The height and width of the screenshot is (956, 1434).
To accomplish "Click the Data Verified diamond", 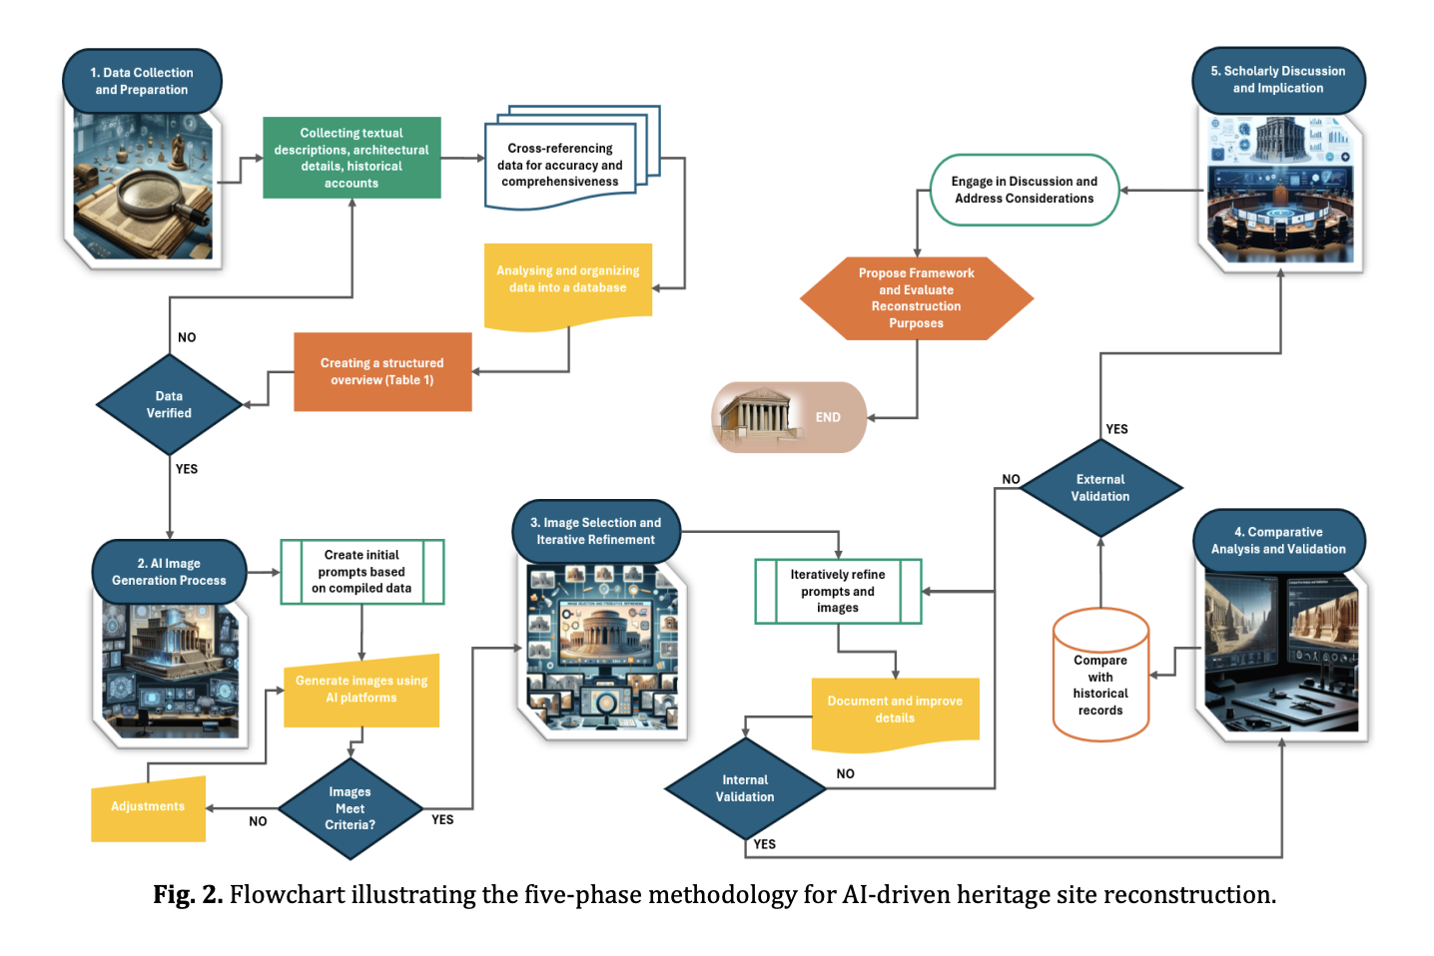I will click(169, 404).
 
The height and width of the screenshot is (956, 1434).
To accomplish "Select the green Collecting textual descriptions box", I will click(352, 158).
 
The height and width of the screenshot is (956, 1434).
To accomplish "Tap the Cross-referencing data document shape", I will click(560, 165).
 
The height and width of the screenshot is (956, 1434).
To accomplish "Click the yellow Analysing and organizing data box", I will click(567, 280).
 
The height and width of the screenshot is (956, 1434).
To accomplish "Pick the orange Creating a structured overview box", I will click(382, 371).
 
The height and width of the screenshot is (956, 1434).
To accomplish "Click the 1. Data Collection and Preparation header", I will click(142, 81).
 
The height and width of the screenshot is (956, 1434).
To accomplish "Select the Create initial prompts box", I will click(361, 572).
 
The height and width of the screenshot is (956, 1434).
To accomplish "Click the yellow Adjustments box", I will click(148, 807).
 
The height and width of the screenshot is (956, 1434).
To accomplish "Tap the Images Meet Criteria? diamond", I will click(350, 808).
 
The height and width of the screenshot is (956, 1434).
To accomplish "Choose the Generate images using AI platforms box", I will click(361, 690).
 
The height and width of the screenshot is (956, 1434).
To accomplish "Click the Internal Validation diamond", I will click(745, 788).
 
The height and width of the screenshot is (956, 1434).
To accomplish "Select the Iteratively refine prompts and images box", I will click(838, 591).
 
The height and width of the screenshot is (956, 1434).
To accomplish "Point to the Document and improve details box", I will click(895, 710).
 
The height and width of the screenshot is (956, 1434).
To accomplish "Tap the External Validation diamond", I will click(1100, 488).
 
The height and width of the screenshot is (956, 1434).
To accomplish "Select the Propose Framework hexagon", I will click(916, 298).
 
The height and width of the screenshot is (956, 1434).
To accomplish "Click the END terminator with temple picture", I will click(789, 417).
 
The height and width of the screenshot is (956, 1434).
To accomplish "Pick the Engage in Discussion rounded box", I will click(1024, 190).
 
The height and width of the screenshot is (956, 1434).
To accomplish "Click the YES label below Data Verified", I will click(187, 469).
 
